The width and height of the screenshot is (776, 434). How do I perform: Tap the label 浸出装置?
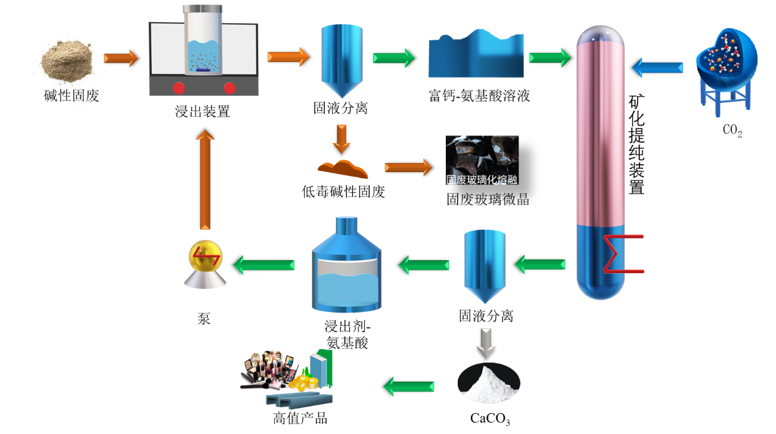202,111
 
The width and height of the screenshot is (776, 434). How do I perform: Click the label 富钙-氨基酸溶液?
479,95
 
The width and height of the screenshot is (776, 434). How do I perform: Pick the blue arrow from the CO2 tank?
657,67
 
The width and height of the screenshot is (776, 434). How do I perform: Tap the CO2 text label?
732,132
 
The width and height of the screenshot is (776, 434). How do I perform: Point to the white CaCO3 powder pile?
488,381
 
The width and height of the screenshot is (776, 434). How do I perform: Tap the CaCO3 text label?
490,419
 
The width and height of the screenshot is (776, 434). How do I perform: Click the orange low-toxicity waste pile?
343,169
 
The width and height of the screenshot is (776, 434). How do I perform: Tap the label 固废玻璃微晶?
488,199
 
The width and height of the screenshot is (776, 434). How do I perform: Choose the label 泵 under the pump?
204,317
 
